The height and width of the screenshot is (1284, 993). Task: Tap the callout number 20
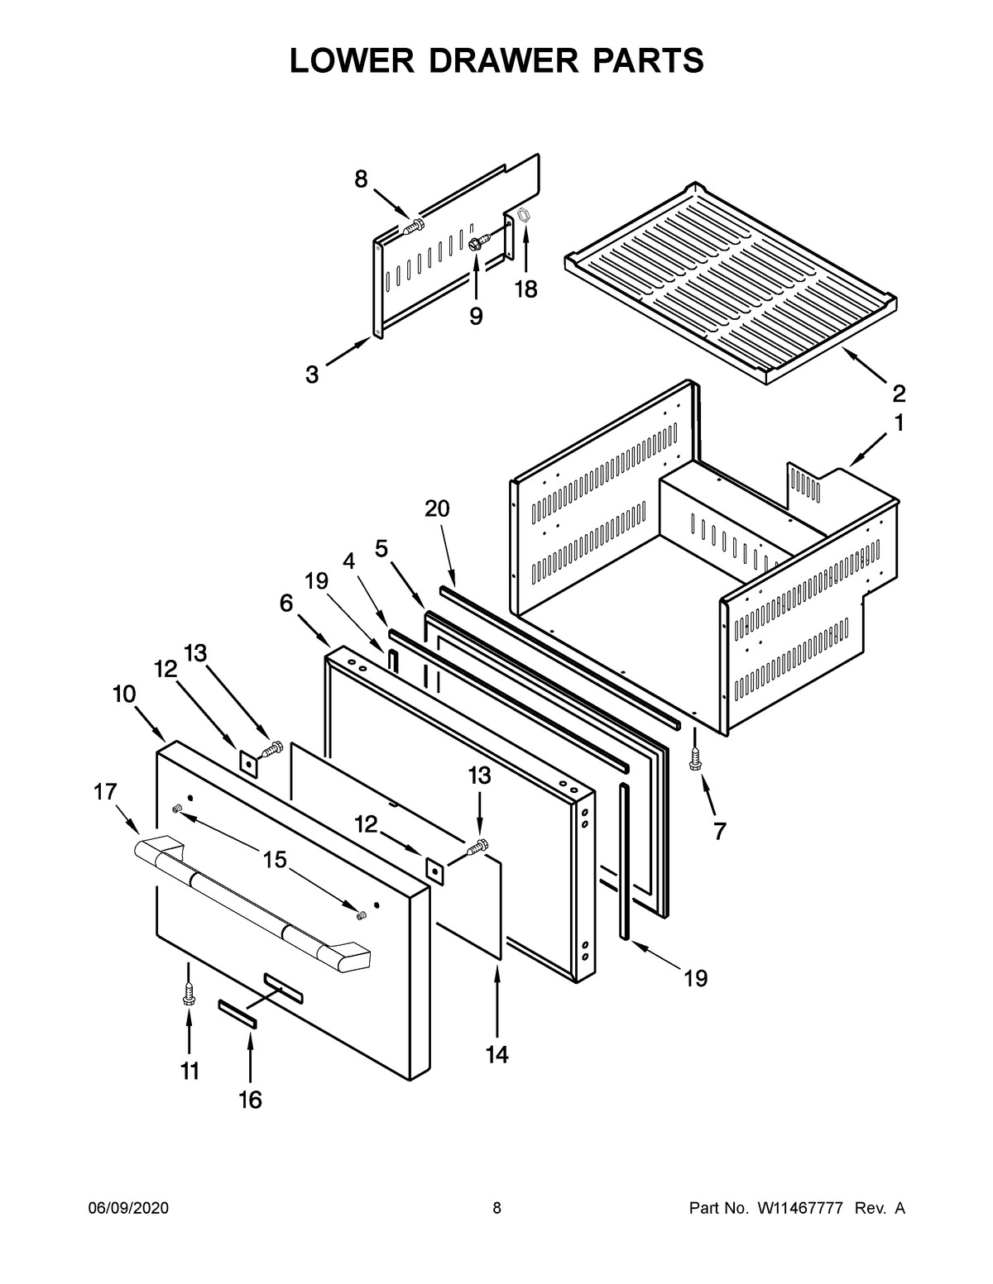click(x=437, y=508)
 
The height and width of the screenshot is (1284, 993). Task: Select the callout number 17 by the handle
click(x=106, y=792)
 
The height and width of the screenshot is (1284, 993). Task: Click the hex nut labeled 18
click(x=523, y=217)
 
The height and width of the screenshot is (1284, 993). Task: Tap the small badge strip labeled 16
click(x=237, y=1013)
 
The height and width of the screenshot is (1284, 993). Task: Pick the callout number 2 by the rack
click(x=899, y=392)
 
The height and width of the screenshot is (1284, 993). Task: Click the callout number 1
click(x=898, y=424)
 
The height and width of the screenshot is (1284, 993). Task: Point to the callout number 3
click(x=311, y=375)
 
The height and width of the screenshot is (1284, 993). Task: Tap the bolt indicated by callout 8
click(x=414, y=227)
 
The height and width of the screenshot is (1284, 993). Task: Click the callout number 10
click(x=124, y=695)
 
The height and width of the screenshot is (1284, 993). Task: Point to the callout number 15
click(x=275, y=860)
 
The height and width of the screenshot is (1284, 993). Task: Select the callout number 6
click(x=285, y=604)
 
